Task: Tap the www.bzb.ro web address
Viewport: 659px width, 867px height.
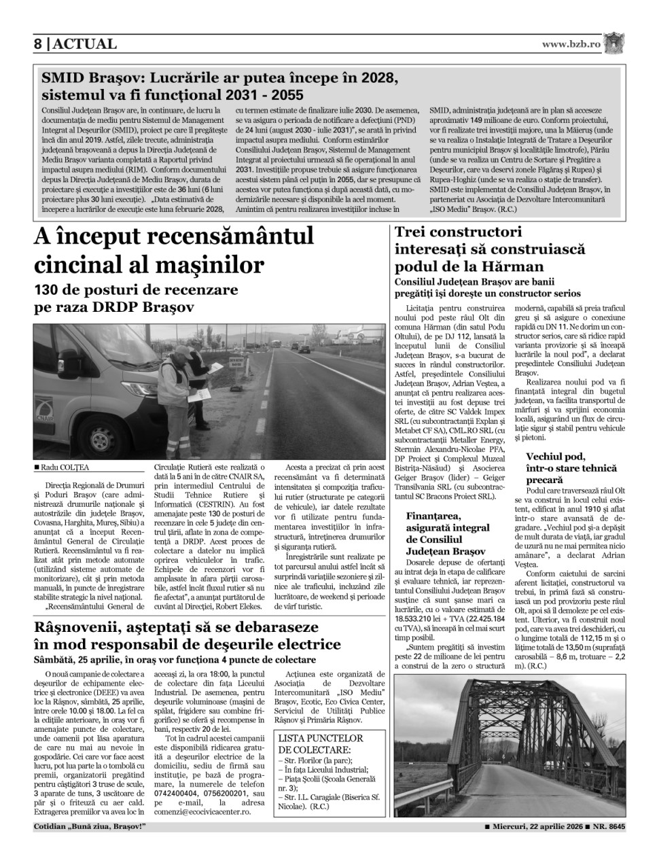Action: tap(571, 44)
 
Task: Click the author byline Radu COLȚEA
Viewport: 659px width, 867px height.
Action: tap(65, 467)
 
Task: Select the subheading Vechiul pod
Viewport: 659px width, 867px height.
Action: tap(555, 457)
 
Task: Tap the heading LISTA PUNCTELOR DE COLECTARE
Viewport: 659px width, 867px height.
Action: tap(321, 743)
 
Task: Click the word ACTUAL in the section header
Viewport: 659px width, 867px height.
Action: tap(85, 44)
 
